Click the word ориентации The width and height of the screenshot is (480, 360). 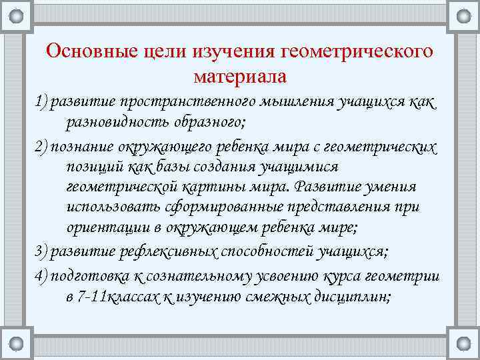coord(103,227)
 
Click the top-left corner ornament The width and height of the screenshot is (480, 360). coord(17,16)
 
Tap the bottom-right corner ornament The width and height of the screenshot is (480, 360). coord(463,343)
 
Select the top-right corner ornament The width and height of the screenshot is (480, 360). coord(463,16)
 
